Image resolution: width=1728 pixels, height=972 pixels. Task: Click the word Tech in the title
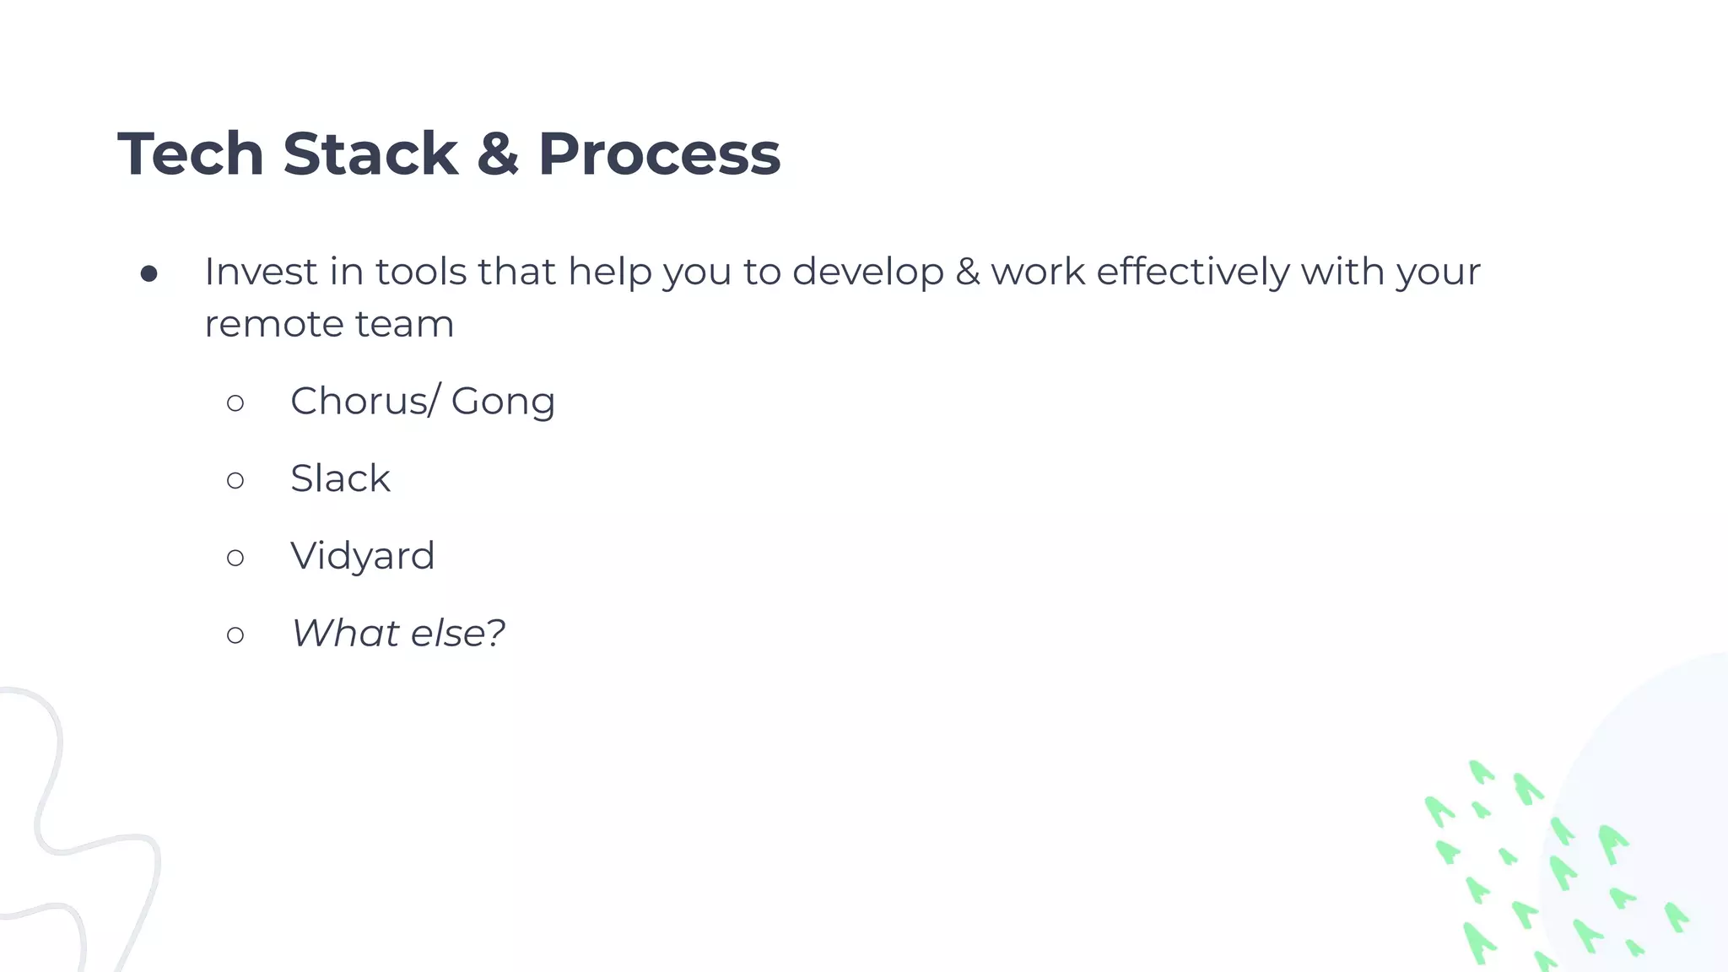click(191, 154)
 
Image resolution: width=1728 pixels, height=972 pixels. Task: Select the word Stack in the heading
click(370, 154)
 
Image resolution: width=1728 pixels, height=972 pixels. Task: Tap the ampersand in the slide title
click(498, 154)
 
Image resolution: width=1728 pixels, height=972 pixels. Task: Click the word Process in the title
click(659, 154)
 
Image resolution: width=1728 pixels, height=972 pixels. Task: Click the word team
click(404, 324)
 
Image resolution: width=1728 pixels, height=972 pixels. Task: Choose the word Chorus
click(359, 401)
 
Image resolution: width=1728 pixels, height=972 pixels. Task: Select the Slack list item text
click(340, 478)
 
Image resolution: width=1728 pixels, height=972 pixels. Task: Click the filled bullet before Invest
click(149, 273)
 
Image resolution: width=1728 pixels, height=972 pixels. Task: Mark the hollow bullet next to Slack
click(235, 480)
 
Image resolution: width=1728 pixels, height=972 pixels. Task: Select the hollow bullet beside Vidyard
click(235, 558)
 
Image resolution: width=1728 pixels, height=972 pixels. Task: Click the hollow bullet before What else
click(235, 634)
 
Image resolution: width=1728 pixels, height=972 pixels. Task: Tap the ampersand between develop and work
click(967, 272)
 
